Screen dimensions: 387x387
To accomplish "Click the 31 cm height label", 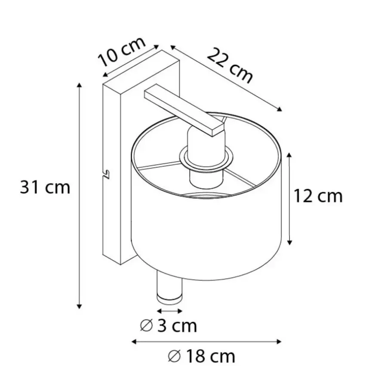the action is [45, 187].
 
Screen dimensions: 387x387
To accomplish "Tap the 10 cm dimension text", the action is [122, 52].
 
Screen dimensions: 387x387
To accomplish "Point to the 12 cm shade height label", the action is [318, 196].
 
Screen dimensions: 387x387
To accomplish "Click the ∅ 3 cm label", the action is [168, 326].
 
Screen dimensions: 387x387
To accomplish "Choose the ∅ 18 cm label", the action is [201, 356].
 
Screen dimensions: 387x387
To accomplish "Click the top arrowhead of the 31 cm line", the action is [79, 85].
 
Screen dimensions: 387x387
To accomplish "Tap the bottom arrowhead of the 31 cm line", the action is [79, 307].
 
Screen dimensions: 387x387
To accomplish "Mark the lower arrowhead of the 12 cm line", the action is [290, 243].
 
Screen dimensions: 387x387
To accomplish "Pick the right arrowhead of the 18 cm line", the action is [279, 341].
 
